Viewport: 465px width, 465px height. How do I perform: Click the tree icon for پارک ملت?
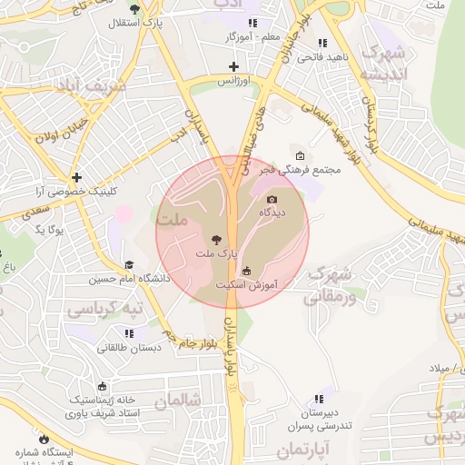tap(214, 238)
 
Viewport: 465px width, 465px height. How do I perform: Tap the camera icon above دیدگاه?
tap(272, 200)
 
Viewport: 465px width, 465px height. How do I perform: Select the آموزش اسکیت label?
tap(246, 284)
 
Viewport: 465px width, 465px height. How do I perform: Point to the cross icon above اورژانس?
tap(233, 66)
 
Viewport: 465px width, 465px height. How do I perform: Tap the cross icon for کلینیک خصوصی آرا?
tap(77, 178)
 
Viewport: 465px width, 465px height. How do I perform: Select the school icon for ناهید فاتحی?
tap(322, 43)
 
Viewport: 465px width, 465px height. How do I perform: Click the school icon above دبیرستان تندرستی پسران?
tap(318, 399)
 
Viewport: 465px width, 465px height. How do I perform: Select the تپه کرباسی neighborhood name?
tap(103, 309)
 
